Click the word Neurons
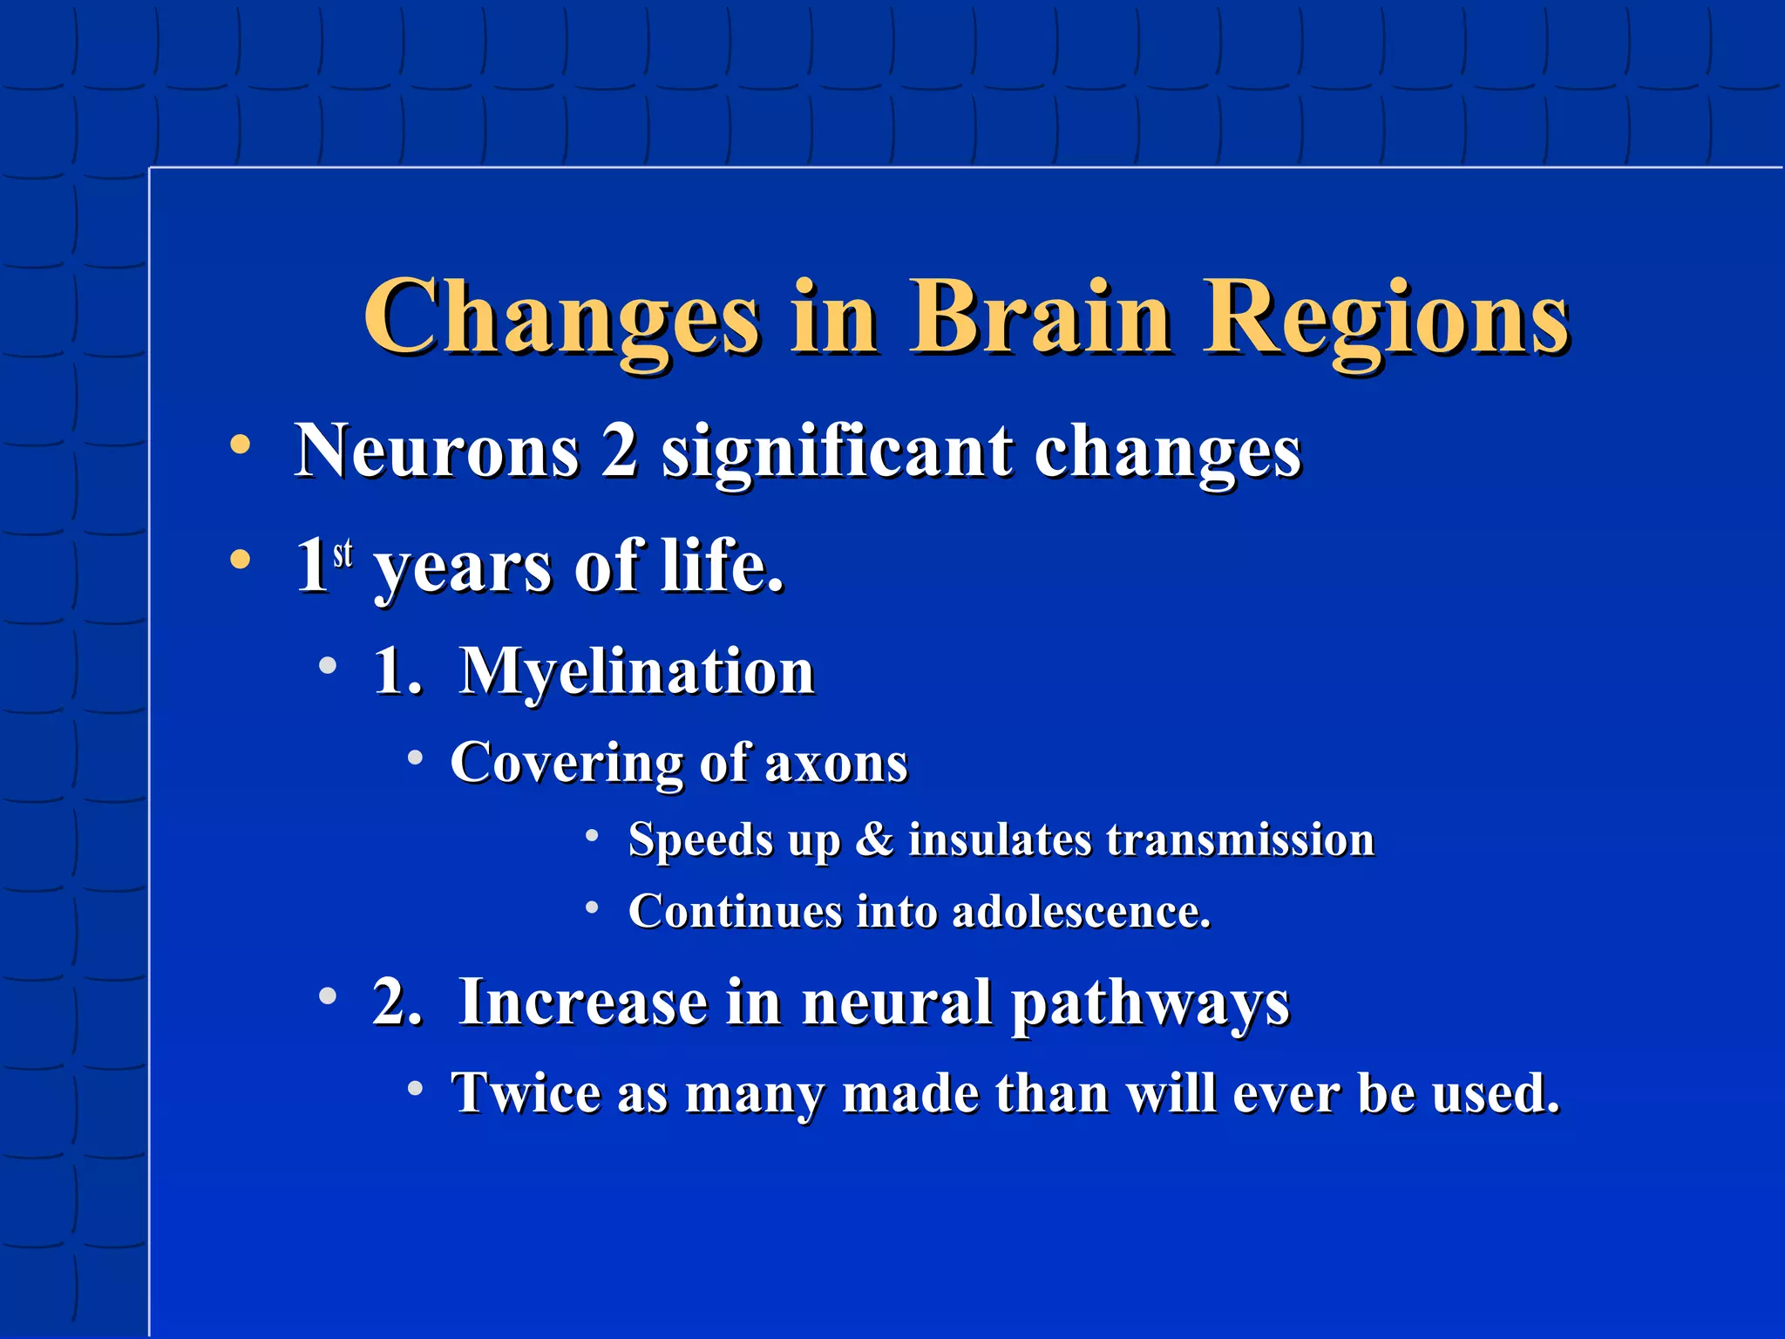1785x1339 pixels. click(437, 451)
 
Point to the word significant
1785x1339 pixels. click(837, 452)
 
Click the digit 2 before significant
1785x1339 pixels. click(619, 451)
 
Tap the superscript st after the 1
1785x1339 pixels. click(343, 553)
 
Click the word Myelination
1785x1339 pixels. click(637, 671)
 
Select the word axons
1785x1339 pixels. click(836, 763)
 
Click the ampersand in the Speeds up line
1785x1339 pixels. click(874, 839)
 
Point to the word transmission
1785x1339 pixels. click(1240, 839)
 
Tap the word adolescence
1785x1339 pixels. click(1081, 912)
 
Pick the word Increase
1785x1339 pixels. click(583, 1002)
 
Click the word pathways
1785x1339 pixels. click(1150, 1003)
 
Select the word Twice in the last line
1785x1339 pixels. click(526, 1092)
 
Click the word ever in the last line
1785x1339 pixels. click(1287, 1092)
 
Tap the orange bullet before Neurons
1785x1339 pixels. click(240, 445)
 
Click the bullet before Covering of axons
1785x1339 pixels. click(416, 758)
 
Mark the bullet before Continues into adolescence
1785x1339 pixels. click(592, 907)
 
